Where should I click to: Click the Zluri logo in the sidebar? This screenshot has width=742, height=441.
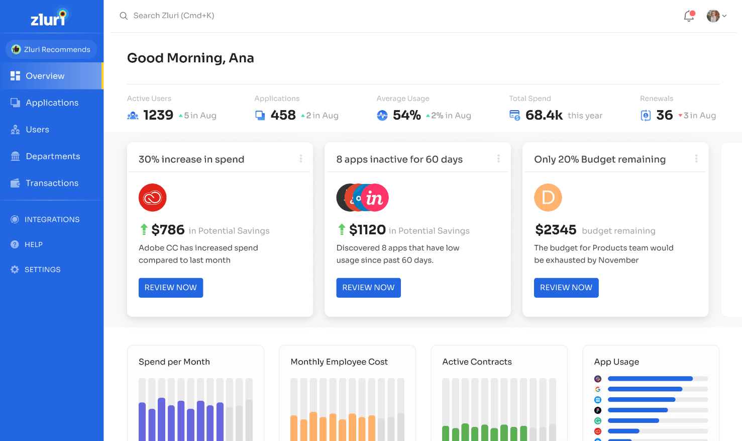pyautogui.click(x=49, y=18)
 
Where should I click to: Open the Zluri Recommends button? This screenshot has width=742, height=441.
pyautogui.click(x=51, y=49)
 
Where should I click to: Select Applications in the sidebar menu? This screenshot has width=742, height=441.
pyautogui.click(x=52, y=103)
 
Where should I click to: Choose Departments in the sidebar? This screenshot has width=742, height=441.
pyautogui.click(x=53, y=156)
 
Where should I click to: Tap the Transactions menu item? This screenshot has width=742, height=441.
pyautogui.click(x=52, y=183)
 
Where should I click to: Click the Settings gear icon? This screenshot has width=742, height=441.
pyautogui.click(x=15, y=270)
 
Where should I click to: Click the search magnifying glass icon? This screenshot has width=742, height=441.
pyautogui.click(x=124, y=16)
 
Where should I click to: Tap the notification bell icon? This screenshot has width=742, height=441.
pyautogui.click(x=689, y=16)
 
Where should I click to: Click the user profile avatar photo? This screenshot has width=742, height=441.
pyautogui.click(x=713, y=16)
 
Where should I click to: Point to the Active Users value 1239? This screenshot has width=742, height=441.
pyautogui.click(x=158, y=115)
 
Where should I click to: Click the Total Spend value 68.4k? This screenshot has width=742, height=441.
pyautogui.click(x=544, y=115)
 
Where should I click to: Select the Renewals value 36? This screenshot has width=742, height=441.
pyautogui.click(x=664, y=115)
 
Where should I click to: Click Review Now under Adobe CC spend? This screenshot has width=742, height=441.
pyautogui.click(x=171, y=288)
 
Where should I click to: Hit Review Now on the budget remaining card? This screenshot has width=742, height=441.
pyautogui.click(x=566, y=288)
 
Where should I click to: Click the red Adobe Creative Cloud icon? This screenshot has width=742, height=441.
pyautogui.click(x=153, y=198)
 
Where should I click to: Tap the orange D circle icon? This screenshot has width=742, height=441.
pyautogui.click(x=548, y=198)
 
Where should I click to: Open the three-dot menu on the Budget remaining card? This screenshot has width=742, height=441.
pyautogui.click(x=696, y=159)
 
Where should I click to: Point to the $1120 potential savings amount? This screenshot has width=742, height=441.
pyautogui.click(x=367, y=230)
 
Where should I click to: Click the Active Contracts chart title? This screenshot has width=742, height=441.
pyautogui.click(x=477, y=362)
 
